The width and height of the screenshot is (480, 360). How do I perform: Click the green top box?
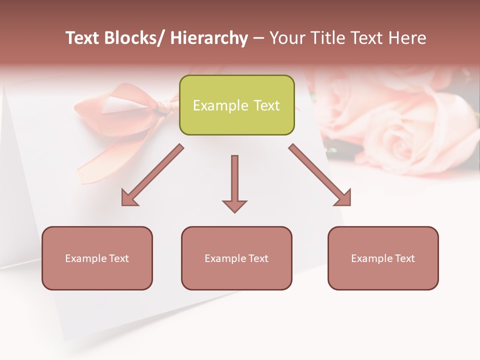click(236, 105)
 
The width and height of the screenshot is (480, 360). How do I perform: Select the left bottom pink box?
click(97, 258)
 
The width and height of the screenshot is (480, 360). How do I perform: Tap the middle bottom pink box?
click(236, 258)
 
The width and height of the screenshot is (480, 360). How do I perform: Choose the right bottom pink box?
click(383, 258)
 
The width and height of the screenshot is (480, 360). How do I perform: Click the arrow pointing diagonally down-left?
click(152, 175)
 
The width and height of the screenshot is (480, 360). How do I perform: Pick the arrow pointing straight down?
click(234, 182)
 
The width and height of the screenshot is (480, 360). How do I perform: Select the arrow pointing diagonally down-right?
click(320, 175)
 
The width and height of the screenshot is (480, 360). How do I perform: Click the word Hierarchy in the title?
click(209, 38)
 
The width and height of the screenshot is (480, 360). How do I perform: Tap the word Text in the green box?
click(266, 105)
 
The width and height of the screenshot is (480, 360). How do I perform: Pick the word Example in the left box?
click(84, 258)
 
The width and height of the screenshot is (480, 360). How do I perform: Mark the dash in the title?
click(258, 39)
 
